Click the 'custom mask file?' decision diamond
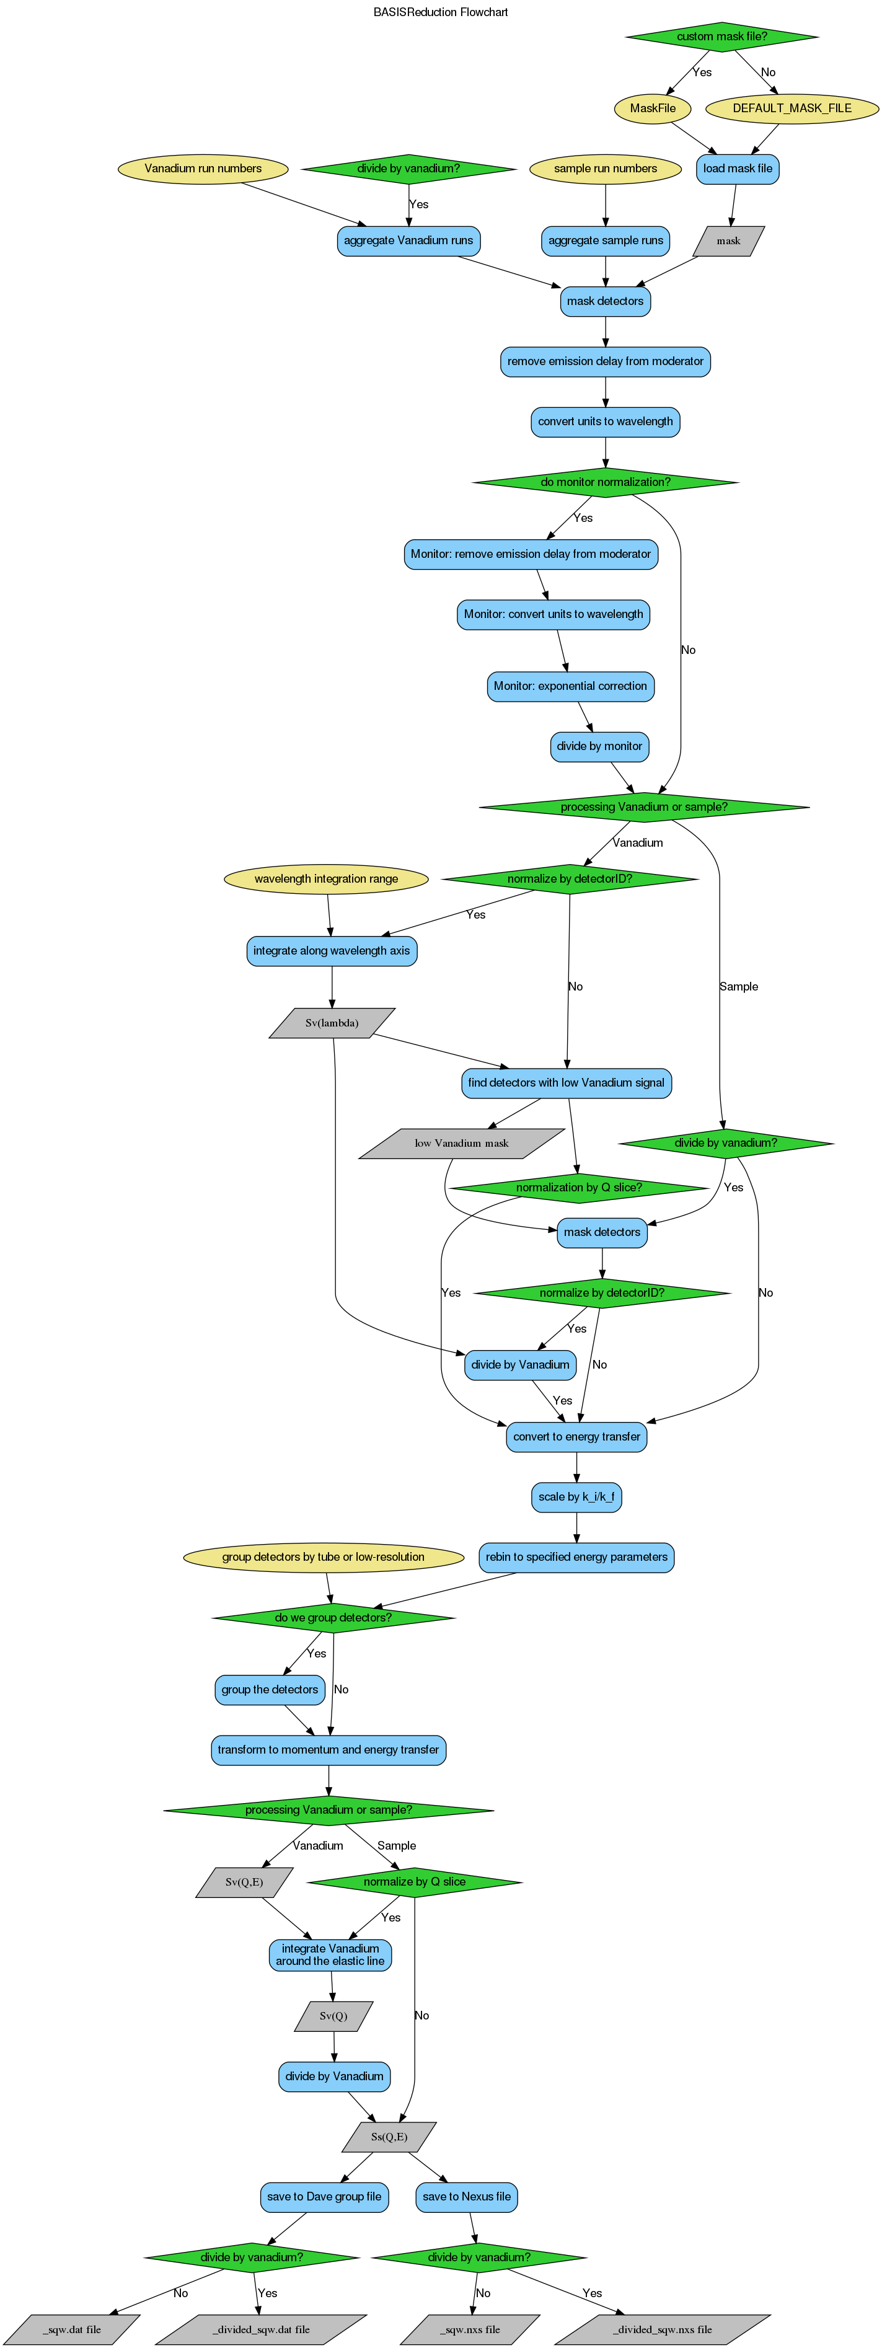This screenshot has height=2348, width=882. pyautogui.click(x=721, y=37)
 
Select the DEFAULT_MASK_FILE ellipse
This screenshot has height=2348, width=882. pyautogui.click(x=792, y=108)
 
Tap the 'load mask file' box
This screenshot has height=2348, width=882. pyautogui.click(x=737, y=169)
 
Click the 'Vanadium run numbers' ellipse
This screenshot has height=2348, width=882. pyautogui.click(x=203, y=169)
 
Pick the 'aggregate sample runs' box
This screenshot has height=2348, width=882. pyautogui.click(x=605, y=241)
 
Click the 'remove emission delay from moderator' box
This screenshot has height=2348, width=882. pyautogui.click(x=605, y=361)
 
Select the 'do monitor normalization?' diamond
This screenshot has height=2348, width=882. pyautogui.click(x=605, y=482)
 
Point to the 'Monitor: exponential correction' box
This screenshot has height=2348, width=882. pyautogui.click(x=570, y=686)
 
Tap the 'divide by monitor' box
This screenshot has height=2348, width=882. pyautogui.click(x=599, y=746)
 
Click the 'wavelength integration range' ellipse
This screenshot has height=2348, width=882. pyautogui.click(x=326, y=879)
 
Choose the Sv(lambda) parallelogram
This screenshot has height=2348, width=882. pyautogui.click(x=332, y=1023)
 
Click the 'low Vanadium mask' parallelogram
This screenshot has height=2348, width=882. pyautogui.click(x=461, y=1143)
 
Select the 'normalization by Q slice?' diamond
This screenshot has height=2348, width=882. pyautogui.click(x=578, y=1188)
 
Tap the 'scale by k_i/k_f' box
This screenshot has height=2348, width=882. pyautogui.click(x=576, y=1497)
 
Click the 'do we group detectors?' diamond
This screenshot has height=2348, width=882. pyautogui.click(x=333, y=1617)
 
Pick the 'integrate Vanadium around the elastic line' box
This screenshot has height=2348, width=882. pyautogui.click(x=330, y=1955)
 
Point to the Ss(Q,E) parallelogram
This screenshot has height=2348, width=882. pyautogui.click(x=389, y=2137)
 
